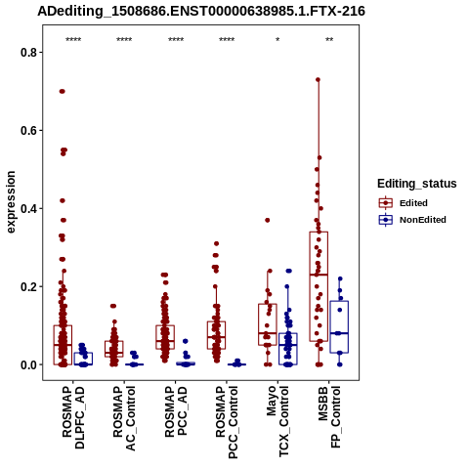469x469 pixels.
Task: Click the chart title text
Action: click(201, 12)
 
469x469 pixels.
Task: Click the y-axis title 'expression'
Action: click(11, 202)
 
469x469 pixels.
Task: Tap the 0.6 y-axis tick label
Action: click(29, 130)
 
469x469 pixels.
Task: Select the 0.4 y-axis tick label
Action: click(29, 208)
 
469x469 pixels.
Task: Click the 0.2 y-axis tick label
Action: click(29, 286)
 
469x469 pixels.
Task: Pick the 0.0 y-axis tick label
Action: click(29, 364)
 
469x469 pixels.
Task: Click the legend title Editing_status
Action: click(417, 184)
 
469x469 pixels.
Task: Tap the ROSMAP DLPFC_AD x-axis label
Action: click(73, 417)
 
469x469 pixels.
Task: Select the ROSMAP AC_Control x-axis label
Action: click(124, 418)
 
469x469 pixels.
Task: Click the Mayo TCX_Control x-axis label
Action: click(277, 421)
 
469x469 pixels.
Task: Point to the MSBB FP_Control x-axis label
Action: click(329, 417)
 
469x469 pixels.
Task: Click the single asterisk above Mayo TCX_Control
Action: click(277, 40)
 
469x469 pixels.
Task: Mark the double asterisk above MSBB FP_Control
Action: click(329, 40)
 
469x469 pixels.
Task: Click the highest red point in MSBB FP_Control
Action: click(318, 79)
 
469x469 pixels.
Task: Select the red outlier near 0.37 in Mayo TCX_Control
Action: click(267, 220)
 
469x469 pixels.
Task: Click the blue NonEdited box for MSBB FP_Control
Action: click(339, 326)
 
